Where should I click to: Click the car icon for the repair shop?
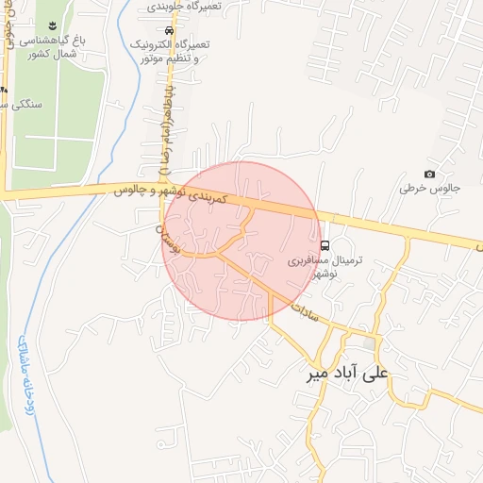pos(170,29)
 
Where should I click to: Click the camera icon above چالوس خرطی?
pos(430,174)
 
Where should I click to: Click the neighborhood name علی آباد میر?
pos(347,373)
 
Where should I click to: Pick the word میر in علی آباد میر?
pos(317,374)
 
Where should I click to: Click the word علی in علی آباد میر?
pos(376,373)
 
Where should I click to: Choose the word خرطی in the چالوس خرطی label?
pos(412,189)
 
